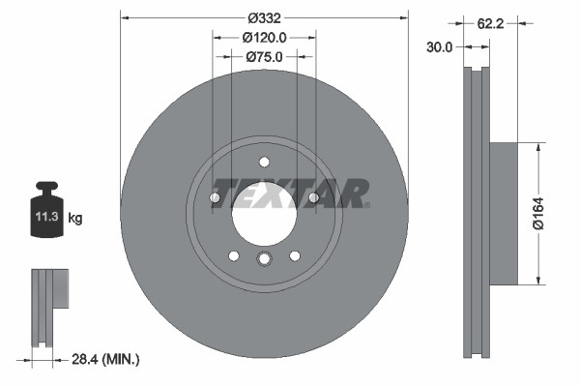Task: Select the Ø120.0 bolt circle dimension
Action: [x=264, y=38]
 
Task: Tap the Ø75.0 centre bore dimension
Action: [x=264, y=57]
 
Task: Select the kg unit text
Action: [x=75, y=219]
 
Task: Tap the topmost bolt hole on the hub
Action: [x=264, y=162]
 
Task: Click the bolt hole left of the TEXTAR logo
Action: [x=215, y=197]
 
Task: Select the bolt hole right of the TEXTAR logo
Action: [x=313, y=197]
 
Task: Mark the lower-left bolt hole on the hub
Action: [x=233, y=255]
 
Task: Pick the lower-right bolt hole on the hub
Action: [x=295, y=255]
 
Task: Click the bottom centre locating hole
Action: [x=264, y=258]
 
